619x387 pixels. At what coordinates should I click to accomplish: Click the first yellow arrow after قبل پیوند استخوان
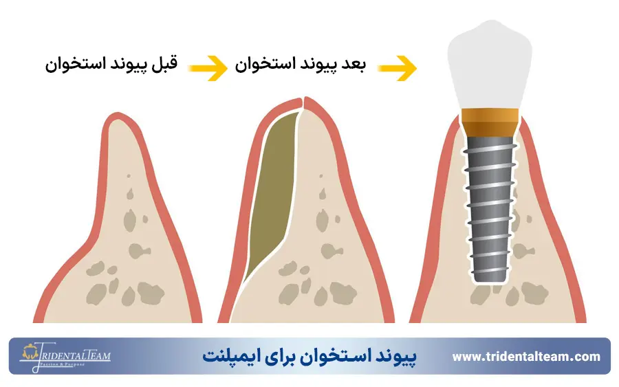click(x=208, y=67)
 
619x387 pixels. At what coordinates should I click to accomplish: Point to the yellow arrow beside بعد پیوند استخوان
click(x=397, y=67)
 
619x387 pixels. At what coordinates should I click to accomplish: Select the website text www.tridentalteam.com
click(x=526, y=356)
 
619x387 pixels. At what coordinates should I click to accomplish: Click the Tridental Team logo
click(x=65, y=357)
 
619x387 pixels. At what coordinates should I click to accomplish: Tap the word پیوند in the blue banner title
click(x=395, y=357)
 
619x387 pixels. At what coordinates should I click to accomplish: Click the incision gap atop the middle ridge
click(x=303, y=103)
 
